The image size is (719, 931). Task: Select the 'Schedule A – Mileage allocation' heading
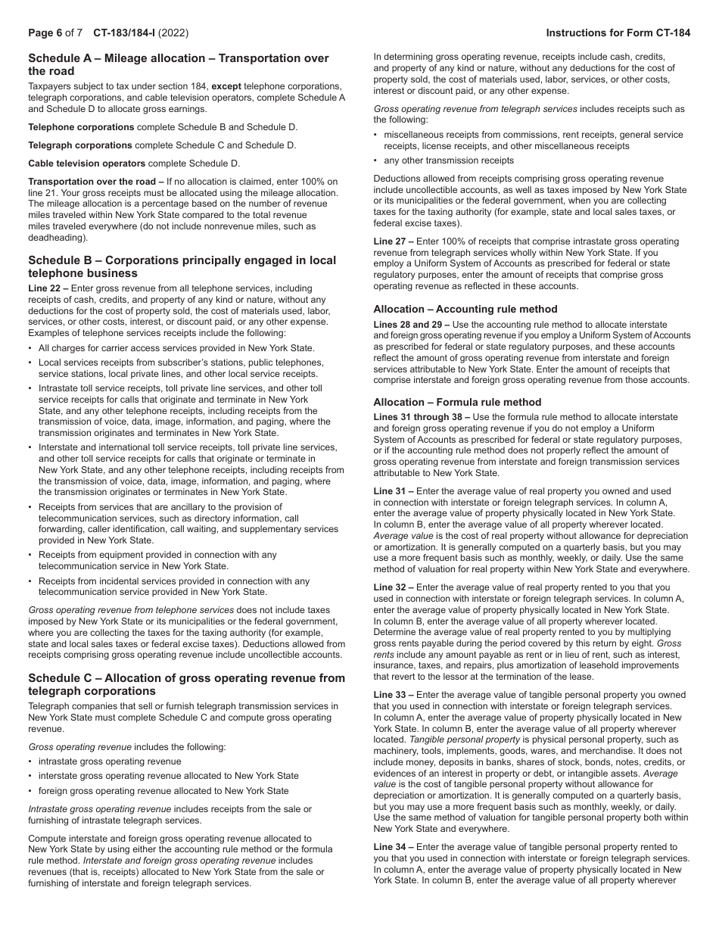click(x=179, y=58)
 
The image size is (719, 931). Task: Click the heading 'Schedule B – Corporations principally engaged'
click(x=182, y=260)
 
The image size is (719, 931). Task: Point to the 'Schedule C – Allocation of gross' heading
click(x=186, y=678)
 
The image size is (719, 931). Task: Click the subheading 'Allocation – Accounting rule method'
click(x=465, y=309)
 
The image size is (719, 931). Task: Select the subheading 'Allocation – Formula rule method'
click(x=457, y=402)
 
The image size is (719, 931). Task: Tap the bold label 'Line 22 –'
click(x=49, y=288)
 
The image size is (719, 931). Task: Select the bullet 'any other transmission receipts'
click(x=449, y=160)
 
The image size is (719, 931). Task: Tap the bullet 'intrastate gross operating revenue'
click(x=110, y=761)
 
